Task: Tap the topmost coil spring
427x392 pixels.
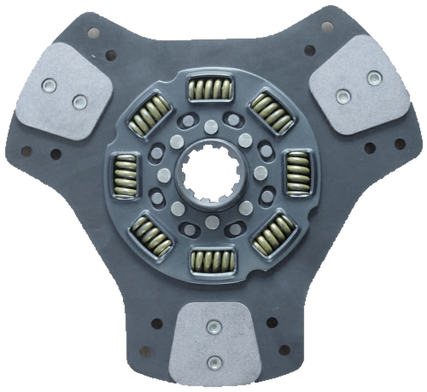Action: [x=210, y=89]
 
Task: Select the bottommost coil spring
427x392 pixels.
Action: [x=213, y=261]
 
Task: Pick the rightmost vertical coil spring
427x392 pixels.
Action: [x=298, y=173]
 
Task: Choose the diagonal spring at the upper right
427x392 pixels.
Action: [x=272, y=113]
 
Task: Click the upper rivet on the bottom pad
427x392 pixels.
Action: [x=214, y=327]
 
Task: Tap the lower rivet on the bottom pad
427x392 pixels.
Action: [x=214, y=362]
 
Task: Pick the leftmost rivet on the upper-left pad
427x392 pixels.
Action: [x=49, y=86]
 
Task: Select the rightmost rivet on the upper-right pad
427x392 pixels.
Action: [x=374, y=78]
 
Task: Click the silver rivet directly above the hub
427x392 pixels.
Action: [x=211, y=127]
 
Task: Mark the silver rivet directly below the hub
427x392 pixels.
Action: [x=212, y=222]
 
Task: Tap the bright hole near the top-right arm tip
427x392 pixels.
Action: [x=327, y=26]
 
